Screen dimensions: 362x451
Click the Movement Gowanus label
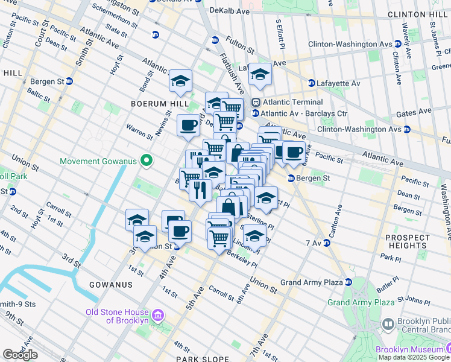tap(99, 161)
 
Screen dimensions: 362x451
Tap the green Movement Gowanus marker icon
tap(145, 161)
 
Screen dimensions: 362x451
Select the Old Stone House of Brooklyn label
tap(117, 316)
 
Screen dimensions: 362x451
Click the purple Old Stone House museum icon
tap(158, 316)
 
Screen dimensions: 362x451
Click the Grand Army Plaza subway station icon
tap(348, 282)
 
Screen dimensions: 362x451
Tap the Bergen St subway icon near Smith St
tap(69, 81)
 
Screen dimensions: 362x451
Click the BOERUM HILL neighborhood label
tap(154, 103)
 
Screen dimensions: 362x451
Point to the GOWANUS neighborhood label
tap(106, 284)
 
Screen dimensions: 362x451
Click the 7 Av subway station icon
tap(327, 243)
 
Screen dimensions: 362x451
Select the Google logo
tap(20, 355)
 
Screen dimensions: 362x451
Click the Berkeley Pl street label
tap(242, 260)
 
